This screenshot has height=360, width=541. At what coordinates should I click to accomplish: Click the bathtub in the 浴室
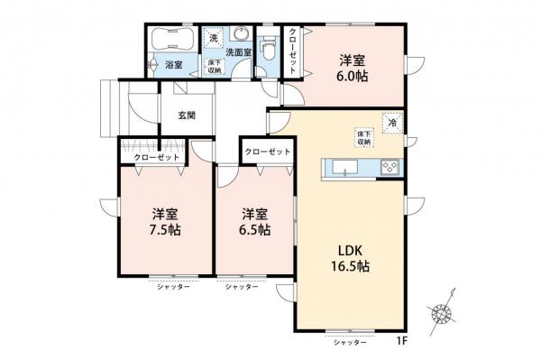pyautogui.click(x=173, y=40)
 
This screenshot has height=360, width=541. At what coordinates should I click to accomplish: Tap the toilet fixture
pyautogui.click(x=268, y=48)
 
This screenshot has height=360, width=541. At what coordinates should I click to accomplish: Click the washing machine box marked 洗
pyautogui.click(x=213, y=38)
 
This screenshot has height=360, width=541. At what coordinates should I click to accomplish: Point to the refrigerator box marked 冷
pyautogui.click(x=392, y=123)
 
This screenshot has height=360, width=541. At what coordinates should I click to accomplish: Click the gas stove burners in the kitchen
pyautogui.click(x=390, y=168)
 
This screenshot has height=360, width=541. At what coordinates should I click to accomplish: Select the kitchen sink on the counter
pyautogui.click(x=344, y=168)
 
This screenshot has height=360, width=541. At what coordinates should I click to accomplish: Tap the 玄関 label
pyautogui.click(x=187, y=115)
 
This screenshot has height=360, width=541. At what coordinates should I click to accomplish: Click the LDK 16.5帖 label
pyautogui.click(x=350, y=259)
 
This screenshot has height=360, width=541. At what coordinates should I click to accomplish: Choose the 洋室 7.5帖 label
pyautogui.click(x=165, y=222)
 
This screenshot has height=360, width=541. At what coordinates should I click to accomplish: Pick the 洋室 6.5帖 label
pyautogui.click(x=254, y=222)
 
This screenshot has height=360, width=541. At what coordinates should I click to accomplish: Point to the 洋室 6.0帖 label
pyautogui.click(x=353, y=68)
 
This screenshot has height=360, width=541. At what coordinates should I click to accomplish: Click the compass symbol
pyautogui.click(x=442, y=313)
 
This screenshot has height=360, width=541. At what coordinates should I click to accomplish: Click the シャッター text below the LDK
pyautogui.click(x=350, y=342)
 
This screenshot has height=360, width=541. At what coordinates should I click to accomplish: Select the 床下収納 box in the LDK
pyautogui.click(x=364, y=138)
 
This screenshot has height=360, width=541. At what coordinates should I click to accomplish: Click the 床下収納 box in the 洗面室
pyautogui.click(x=215, y=66)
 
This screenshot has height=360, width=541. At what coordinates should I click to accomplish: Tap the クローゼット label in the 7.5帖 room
pyautogui.click(x=157, y=157)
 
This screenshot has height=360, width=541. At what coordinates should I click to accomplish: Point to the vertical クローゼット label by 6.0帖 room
pyautogui.click(x=292, y=51)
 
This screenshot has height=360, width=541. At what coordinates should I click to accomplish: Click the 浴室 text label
pyautogui.click(x=174, y=65)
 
